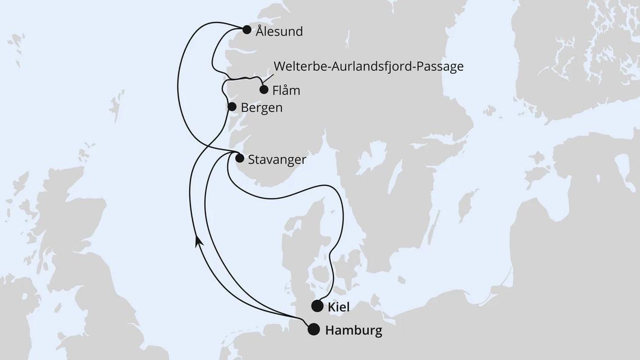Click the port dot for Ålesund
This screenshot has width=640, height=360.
click(246, 31)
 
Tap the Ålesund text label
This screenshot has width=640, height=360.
click(279, 31)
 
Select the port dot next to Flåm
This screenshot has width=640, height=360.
click(263, 89)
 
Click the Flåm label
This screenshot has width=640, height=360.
click(286, 90)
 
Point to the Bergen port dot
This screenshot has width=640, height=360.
click(231, 106)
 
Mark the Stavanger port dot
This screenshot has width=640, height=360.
click(240, 158)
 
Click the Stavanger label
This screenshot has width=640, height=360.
click(277, 160)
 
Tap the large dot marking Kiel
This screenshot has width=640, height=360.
click(317, 306)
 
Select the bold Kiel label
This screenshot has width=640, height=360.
click(340, 307)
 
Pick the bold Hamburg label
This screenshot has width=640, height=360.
click(353, 331)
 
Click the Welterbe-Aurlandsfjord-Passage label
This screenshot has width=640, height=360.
click(368, 66)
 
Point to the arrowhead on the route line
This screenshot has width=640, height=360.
click(198, 240)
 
